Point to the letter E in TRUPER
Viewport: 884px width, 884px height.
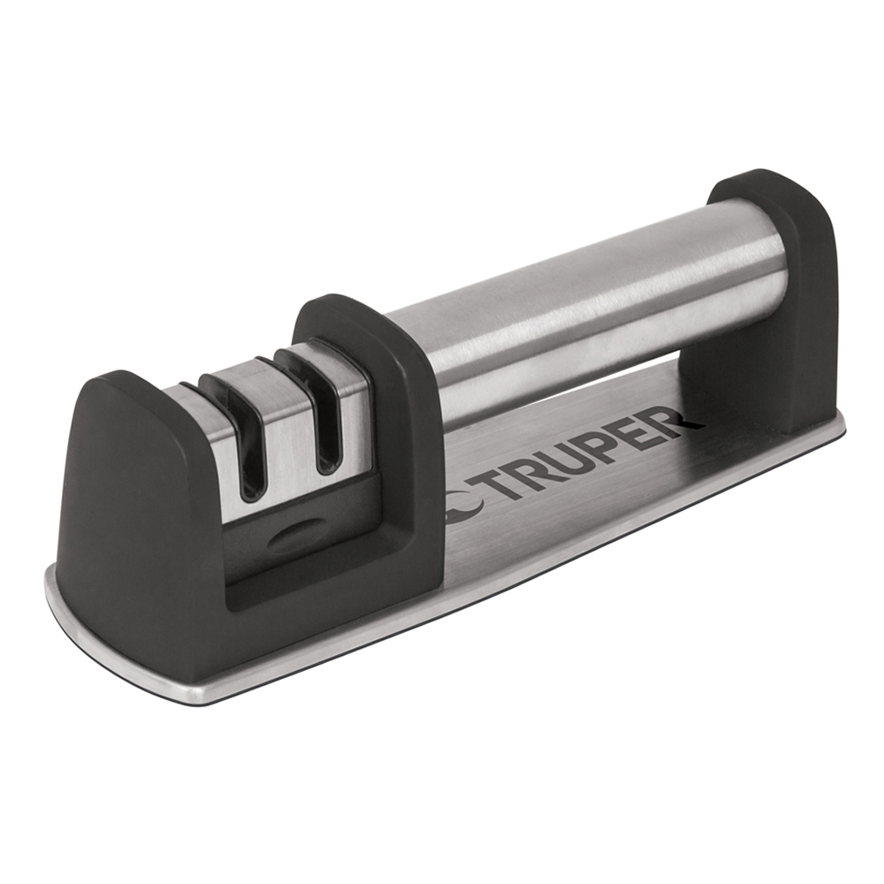tap(630, 439)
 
